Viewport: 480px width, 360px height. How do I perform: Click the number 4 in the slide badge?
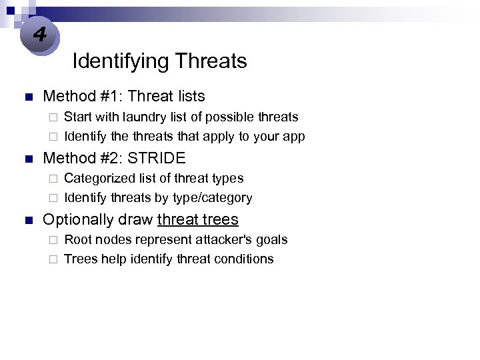coord(39,34)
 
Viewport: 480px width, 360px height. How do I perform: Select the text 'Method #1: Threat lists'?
coord(124,97)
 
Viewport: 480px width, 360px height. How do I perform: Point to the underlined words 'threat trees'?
coord(197,219)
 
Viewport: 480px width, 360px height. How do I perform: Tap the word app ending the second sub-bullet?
coord(293,137)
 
